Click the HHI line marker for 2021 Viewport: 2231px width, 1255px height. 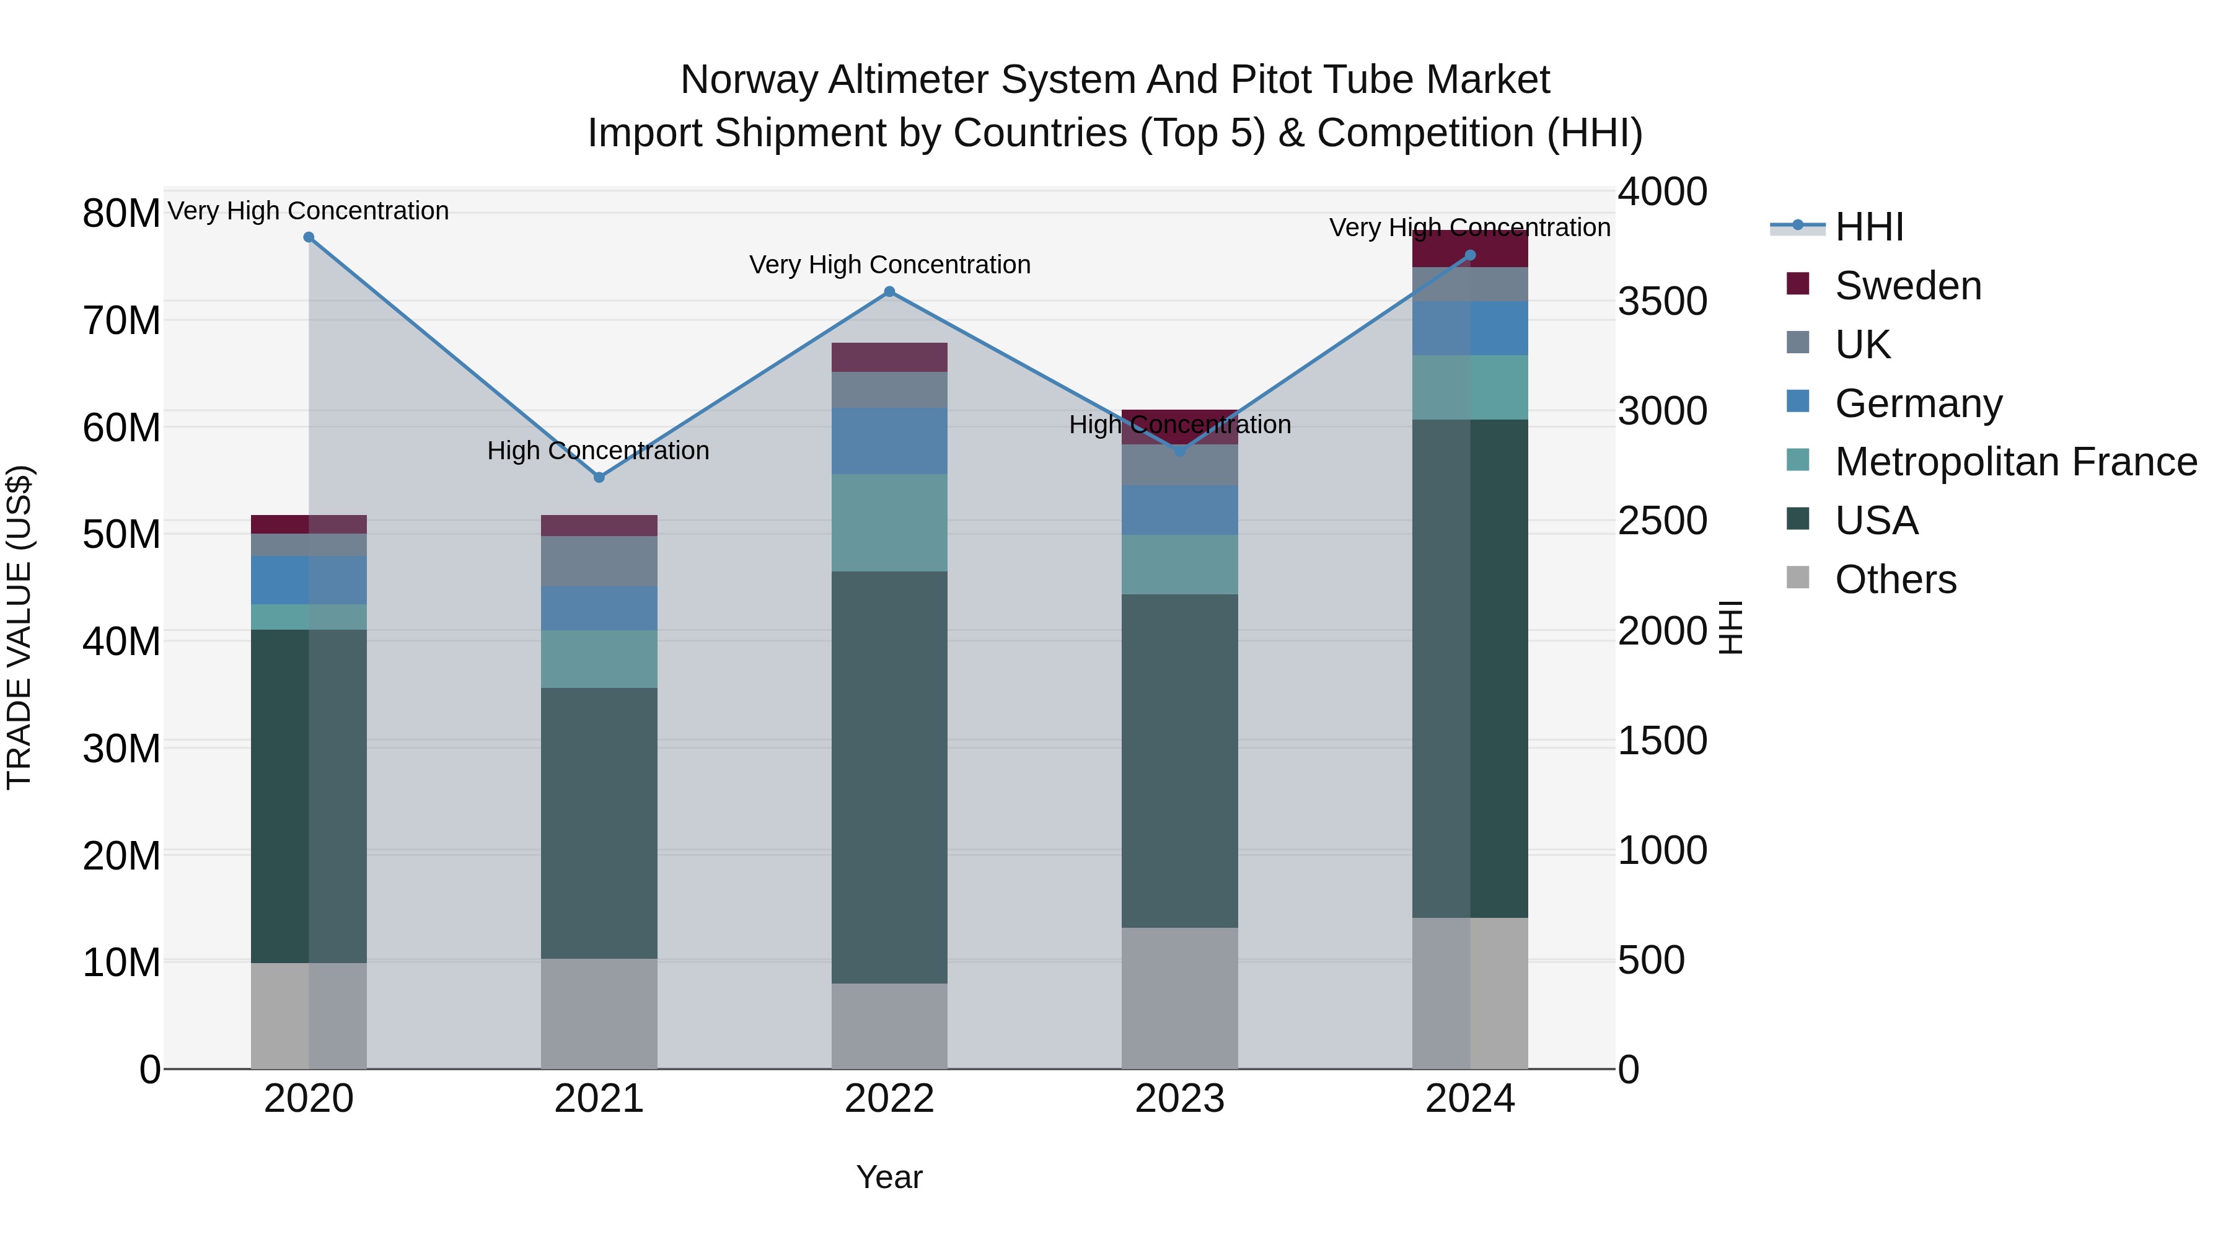point(599,477)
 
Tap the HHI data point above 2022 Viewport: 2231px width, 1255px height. point(889,292)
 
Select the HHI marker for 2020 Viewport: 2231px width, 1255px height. point(309,237)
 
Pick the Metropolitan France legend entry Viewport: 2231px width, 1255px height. point(2015,462)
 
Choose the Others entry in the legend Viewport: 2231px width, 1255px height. point(1895,579)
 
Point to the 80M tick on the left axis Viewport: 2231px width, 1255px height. point(121,213)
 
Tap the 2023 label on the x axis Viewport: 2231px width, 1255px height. point(1179,1099)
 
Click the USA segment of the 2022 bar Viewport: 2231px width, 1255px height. point(889,777)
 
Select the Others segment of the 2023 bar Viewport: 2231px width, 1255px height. point(1179,998)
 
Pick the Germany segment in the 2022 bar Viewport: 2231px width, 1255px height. point(889,441)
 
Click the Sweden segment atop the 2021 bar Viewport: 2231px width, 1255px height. point(599,525)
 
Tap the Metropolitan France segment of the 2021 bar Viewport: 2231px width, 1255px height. point(599,659)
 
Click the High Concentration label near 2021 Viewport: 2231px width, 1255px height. point(599,451)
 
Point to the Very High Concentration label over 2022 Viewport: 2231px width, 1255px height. point(889,264)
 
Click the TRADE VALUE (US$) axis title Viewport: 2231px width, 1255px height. point(19,627)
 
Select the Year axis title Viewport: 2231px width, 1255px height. point(889,1177)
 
